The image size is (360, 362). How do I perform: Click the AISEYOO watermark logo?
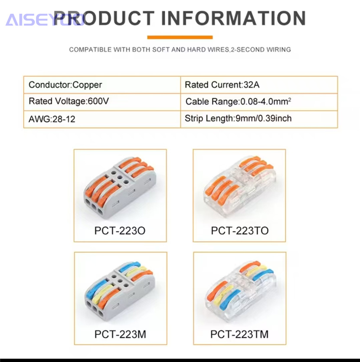point(46,20)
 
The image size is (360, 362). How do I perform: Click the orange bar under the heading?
point(180,37)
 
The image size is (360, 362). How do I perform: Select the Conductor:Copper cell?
point(102,85)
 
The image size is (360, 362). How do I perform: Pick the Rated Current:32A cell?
point(259,85)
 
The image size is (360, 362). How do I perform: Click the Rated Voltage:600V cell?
point(102,102)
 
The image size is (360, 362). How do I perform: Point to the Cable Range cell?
point(259,102)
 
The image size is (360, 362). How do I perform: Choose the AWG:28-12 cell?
point(102,119)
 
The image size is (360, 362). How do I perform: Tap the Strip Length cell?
point(259,119)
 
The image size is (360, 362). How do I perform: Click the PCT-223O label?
point(120,230)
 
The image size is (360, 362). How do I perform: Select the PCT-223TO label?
point(240,230)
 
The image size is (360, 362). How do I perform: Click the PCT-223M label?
point(120,334)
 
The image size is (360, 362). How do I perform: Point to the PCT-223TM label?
point(239,334)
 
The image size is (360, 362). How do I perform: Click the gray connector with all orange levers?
point(120,188)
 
